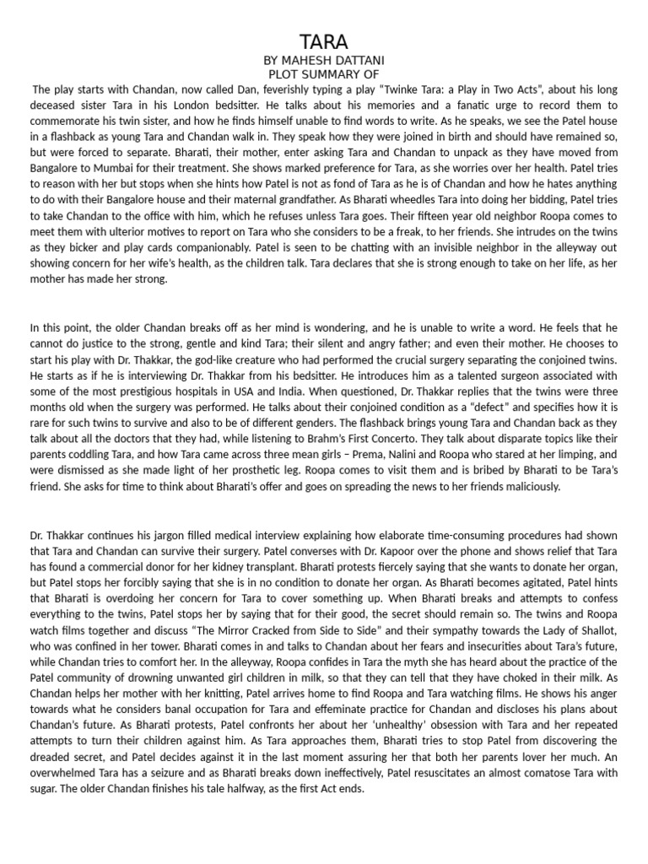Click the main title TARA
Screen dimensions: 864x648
(x=324, y=43)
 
